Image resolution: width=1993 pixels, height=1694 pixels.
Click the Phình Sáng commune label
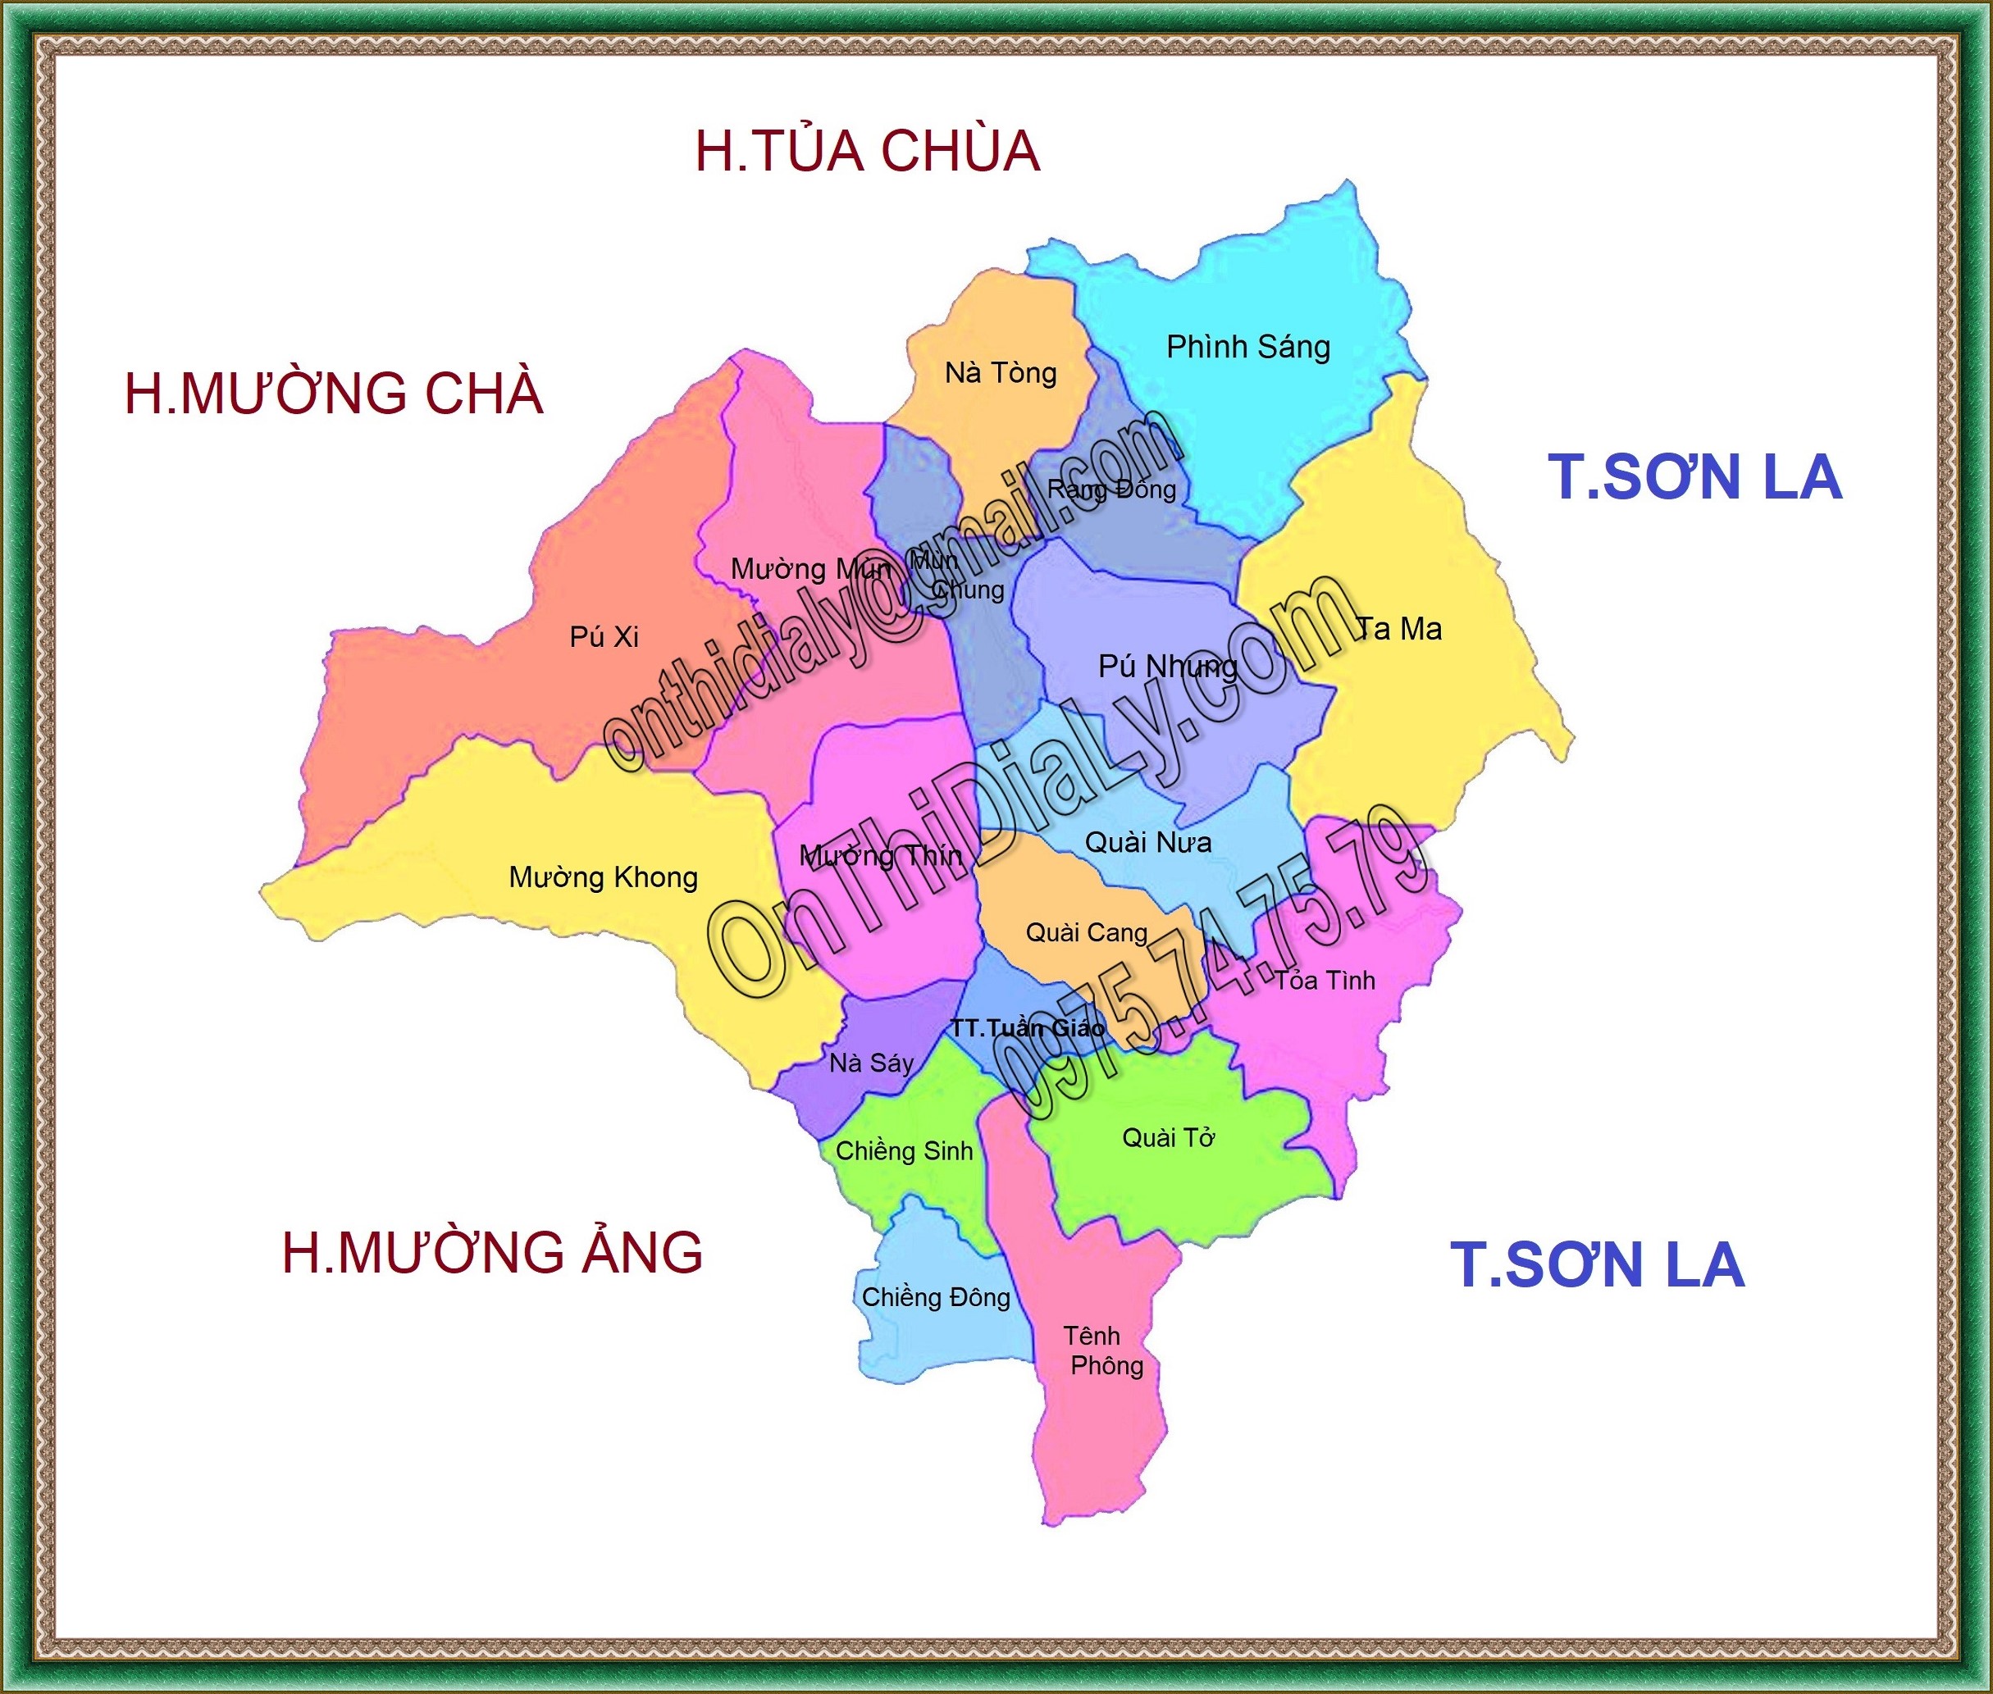[1247, 347]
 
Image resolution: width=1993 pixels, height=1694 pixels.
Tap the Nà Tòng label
[1000, 372]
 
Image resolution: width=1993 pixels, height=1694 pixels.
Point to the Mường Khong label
[603, 877]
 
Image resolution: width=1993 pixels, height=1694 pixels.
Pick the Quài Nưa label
[1147, 843]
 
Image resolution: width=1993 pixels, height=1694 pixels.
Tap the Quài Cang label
[1086, 932]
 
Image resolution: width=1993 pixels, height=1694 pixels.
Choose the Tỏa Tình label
[1325, 981]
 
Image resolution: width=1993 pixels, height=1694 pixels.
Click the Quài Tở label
[1168, 1138]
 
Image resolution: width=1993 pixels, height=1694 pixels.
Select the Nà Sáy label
[871, 1063]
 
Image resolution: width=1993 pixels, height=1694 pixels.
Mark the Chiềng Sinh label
[904, 1150]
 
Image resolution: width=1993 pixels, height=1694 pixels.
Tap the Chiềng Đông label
[936, 1297]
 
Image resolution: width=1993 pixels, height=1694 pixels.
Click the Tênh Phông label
[1101, 1350]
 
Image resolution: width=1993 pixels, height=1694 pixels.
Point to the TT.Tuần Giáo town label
[1027, 1027]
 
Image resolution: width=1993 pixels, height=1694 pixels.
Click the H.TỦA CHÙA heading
[867, 152]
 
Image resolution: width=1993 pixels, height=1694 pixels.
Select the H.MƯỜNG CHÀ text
[335, 394]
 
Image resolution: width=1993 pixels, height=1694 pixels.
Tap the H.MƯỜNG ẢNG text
[492, 1252]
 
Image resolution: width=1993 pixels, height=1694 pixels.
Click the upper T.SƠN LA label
[1694, 477]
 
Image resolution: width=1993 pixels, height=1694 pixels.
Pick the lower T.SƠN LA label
[1596, 1264]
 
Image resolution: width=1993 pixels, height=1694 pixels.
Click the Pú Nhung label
[1167, 667]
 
